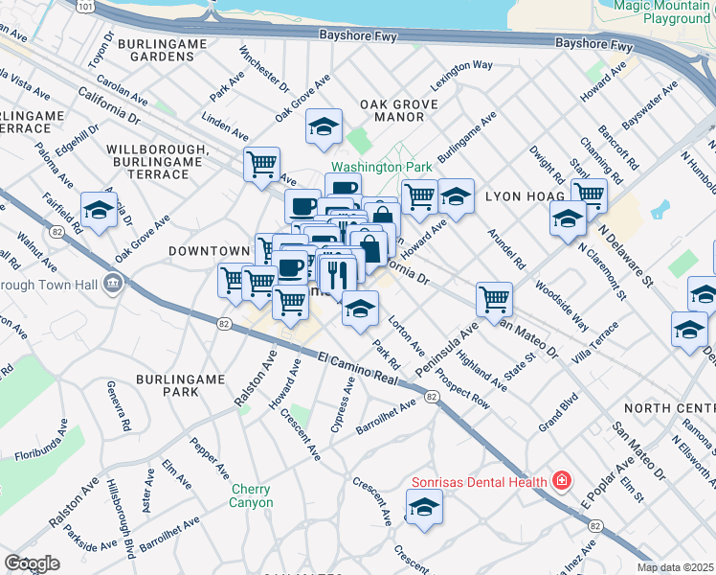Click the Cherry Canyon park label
click(252, 495)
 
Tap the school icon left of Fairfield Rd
click(99, 210)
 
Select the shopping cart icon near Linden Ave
click(261, 164)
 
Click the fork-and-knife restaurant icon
click(337, 274)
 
